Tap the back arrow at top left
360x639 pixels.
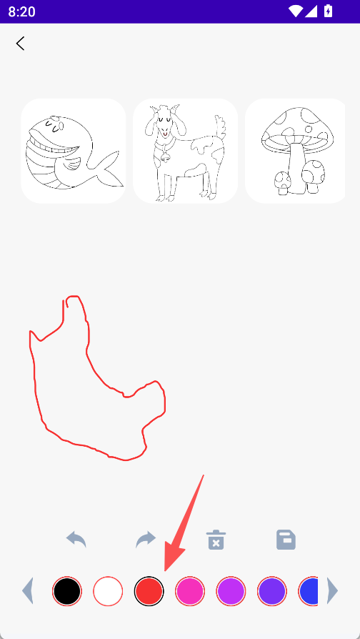pyautogui.click(x=21, y=43)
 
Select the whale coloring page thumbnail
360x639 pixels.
pyautogui.click(x=74, y=151)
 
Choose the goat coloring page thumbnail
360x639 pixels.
pyautogui.click(x=185, y=151)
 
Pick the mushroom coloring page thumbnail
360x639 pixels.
pyautogui.click(x=295, y=151)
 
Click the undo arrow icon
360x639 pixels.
pyautogui.click(x=76, y=540)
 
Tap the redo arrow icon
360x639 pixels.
pyautogui.click(x=146, y=540)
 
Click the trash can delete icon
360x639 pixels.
pyautogui.click(x=216, y=540)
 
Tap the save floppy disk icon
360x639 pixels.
pyautogui.click(x=286, y=540)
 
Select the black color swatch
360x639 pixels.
pyautogui.click(x=67, y=591)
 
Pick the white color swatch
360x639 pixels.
pyautogui.click(x=108, y=591)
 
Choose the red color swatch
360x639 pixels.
pyautogui.click(x=149, y=591)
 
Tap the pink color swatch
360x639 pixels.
pyautogui.click(x=190, y=591)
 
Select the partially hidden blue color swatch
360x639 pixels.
pyautogui.click(x=309, y=591)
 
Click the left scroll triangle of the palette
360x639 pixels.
pyautogui.click(x=27, y=590)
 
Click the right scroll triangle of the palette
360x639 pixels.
pyautogui.click(x=333, y=590)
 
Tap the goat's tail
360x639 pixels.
pyautogui.click(x=220, y=127)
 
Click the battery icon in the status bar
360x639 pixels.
pyautogui.click(x=329, y=11)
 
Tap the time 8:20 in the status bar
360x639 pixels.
pyautogui.click(x=21, y=12)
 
